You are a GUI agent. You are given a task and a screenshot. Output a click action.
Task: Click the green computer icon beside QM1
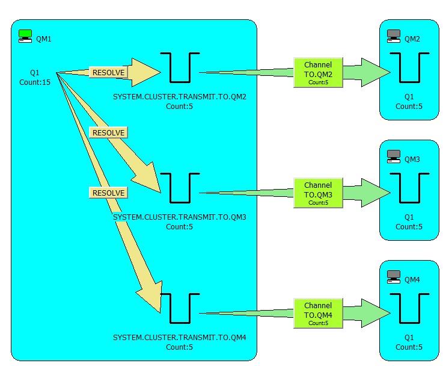[25, 36]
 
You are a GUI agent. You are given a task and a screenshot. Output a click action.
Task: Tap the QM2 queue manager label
[412, 39]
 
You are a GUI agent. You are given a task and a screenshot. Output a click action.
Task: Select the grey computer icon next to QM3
[394, 157]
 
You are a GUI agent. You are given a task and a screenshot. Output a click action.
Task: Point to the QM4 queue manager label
[412, 280]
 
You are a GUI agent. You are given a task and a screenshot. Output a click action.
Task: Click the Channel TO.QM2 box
[317, 73]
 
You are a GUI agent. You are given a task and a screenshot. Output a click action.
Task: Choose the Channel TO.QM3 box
[317, 193]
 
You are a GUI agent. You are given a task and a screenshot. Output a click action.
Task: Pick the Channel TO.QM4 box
[317, 314]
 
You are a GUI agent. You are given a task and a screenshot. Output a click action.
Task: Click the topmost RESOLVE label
[108, 73]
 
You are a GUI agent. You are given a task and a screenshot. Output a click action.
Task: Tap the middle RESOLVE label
[108, 132]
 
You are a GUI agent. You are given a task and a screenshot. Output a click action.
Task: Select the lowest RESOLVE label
[108, 193]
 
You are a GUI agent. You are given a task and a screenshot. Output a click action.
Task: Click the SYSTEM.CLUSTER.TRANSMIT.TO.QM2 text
[180, 97]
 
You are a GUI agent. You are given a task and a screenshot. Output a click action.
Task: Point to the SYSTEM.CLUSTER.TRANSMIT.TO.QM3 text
[180, 217]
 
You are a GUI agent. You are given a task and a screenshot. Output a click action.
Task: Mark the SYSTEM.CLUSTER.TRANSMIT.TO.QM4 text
[180, 338]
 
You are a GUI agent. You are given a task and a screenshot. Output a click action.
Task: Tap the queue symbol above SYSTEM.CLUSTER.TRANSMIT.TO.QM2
[180, 67]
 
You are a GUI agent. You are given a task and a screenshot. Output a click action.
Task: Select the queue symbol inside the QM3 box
[409, 188]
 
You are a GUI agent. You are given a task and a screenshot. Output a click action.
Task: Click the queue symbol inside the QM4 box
[409, 308]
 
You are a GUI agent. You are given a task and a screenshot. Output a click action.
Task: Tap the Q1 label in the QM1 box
[35, 73]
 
